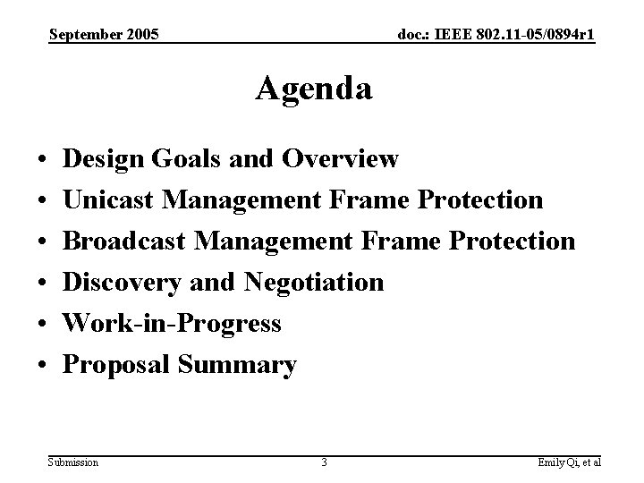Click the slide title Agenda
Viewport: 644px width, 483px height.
pos(314,89)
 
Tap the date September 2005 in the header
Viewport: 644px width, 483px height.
pos(105,35)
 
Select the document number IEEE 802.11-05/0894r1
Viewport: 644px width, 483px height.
pos(496,35)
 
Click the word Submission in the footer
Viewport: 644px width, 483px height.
pos(74,462)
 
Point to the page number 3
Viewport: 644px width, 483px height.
pos(324,462)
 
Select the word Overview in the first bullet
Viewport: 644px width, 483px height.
pos(340,159)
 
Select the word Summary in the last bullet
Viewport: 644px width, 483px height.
pos(237,365)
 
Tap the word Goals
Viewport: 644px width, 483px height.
pos(182,159)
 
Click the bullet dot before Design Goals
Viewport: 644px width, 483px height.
pos(43,160)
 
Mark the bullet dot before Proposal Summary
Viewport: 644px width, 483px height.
pos(43,366)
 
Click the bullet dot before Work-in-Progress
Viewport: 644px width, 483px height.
pos(43,325)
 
